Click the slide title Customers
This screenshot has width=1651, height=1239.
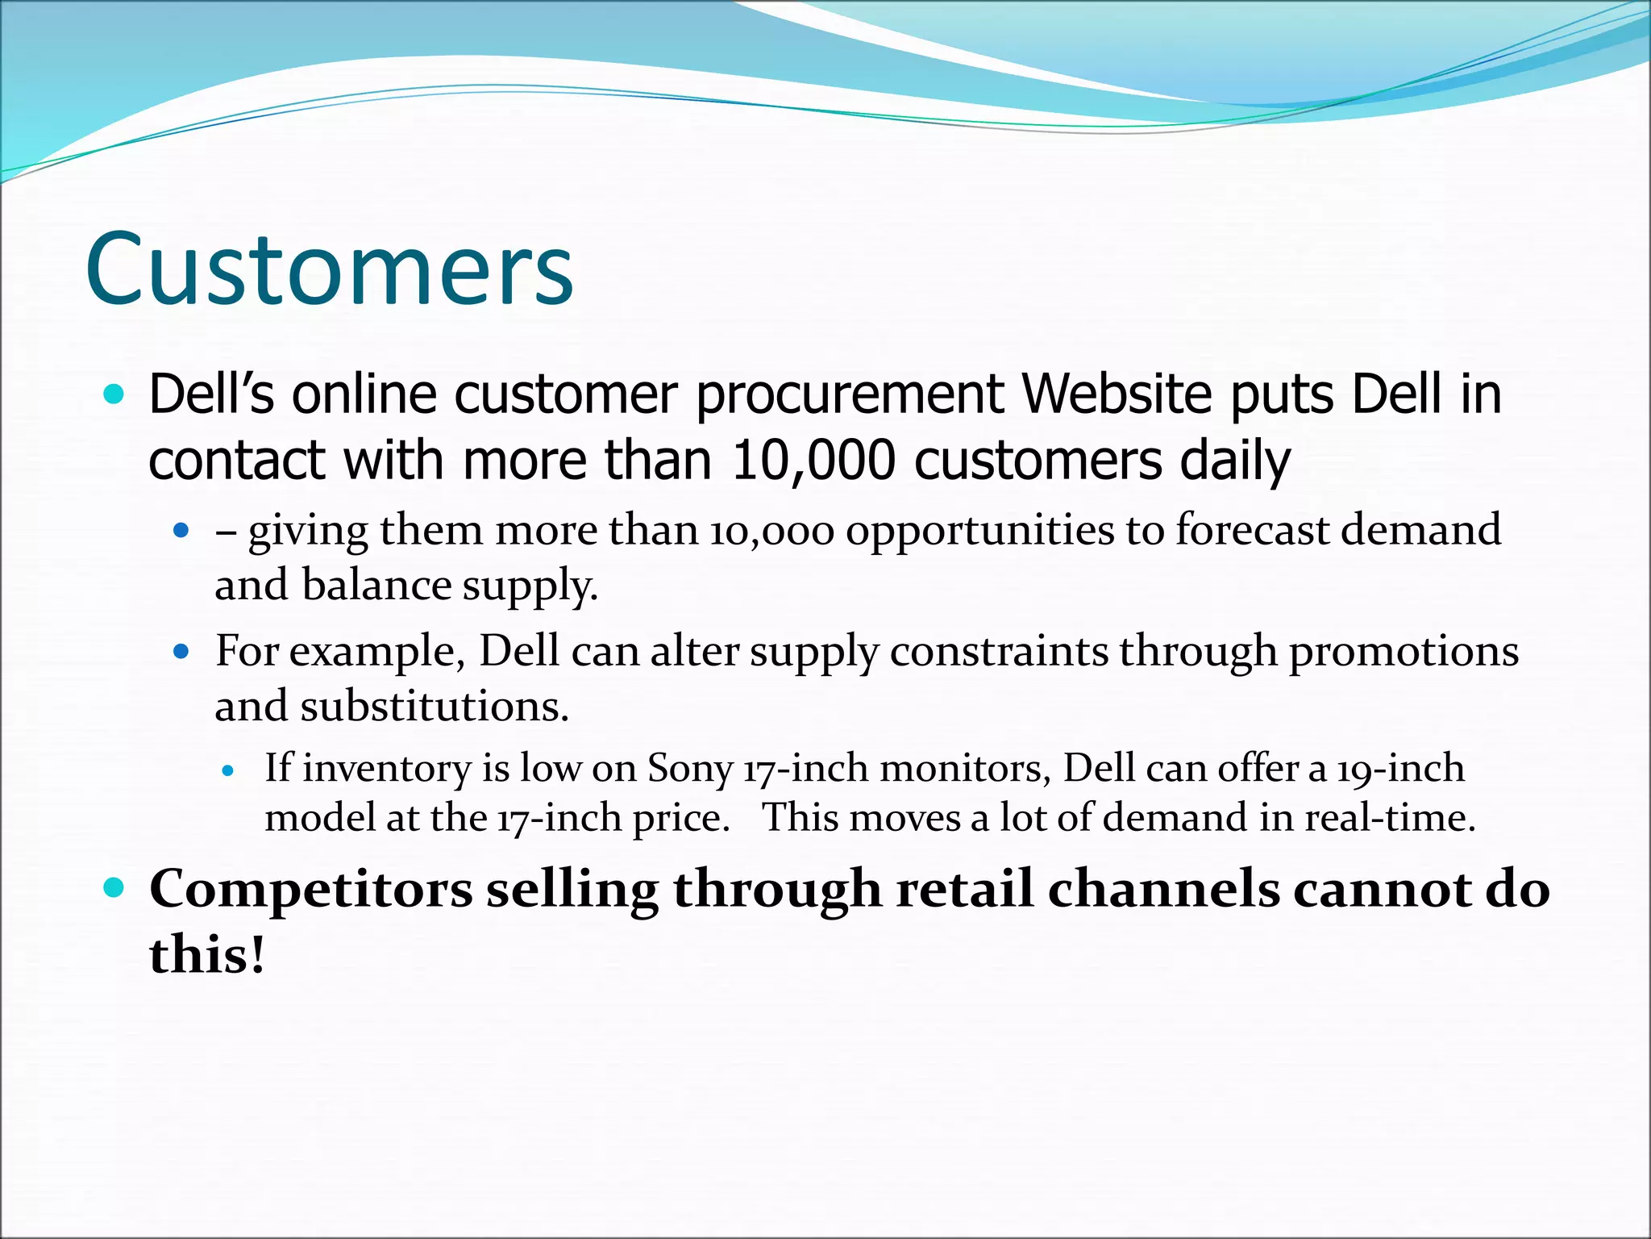pyautogui.click(x=329, y=269)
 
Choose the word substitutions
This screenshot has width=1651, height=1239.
pyautogui.click(x=435, y=706)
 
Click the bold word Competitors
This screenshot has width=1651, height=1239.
pyautogui.click(x=311, y=890)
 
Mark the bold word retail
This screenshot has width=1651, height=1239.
pyautogui.click(x=964, y=889)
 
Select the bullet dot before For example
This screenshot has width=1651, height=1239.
pyautogui.click(x=181, y=651)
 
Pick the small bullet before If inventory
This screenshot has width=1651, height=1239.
pyautogui.click(x=228, y=771)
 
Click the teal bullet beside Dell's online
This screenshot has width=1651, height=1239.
pyautogui.click(x=114, y=394)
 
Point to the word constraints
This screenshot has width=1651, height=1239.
pyautogui.click(x=999, y=651)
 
